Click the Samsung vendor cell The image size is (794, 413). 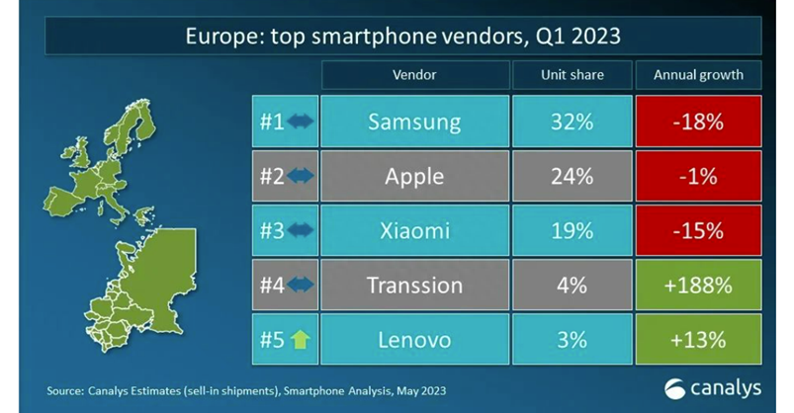(x=414, y=122)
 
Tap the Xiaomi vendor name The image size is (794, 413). (x=414, y=230)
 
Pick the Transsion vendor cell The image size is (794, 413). (x=414, y=285)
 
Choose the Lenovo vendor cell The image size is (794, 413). (x=414, y=339)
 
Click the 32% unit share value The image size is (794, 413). (x=573, y=122)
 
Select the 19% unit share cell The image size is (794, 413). (x=573, y=230)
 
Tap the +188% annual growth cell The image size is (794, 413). (x=698, y=285)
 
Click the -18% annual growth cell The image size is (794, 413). (x=698, y=122)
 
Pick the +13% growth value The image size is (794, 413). (x=698, y=339)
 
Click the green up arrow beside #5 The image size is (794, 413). (x=300, y=340)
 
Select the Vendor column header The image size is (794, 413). (x=414, y=74)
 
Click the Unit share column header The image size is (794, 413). (x=573, y=74)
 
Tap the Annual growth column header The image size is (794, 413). (x=698, y=74)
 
